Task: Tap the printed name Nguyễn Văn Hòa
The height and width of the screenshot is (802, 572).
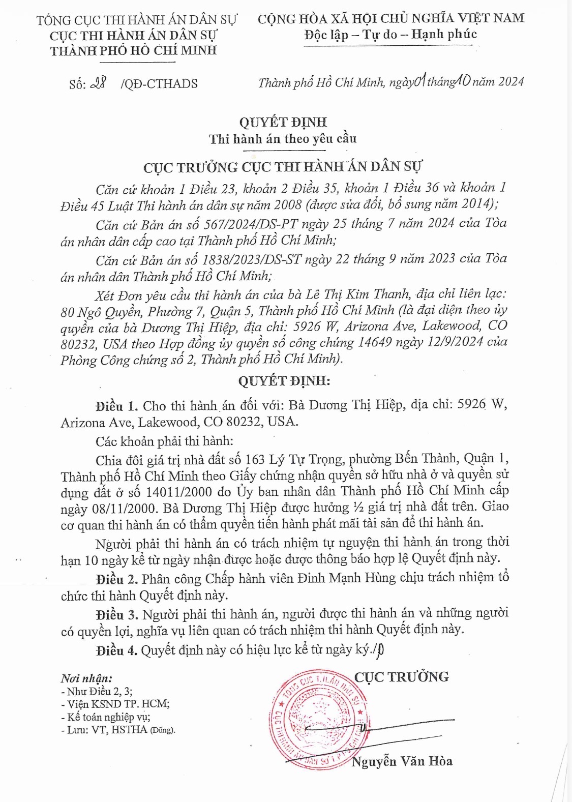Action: click(x=402, y=761)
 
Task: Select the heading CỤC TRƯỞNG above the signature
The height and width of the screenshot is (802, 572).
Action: click(x=401, y=677)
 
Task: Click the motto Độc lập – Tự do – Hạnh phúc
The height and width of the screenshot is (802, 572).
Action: click(x=390, y=35)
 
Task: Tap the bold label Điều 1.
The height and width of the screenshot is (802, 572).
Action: click(x=116, y=406)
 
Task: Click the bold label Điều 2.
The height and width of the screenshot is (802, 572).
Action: click(x=116, y=579)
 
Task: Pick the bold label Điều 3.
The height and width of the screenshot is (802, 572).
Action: click(x=116, y=614)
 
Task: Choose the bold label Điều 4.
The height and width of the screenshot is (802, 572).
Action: click(x=116, y=650)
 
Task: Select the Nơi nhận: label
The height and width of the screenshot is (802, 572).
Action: click(x=86, y=678)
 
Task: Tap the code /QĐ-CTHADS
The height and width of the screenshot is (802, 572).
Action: click(x=159, y=84)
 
